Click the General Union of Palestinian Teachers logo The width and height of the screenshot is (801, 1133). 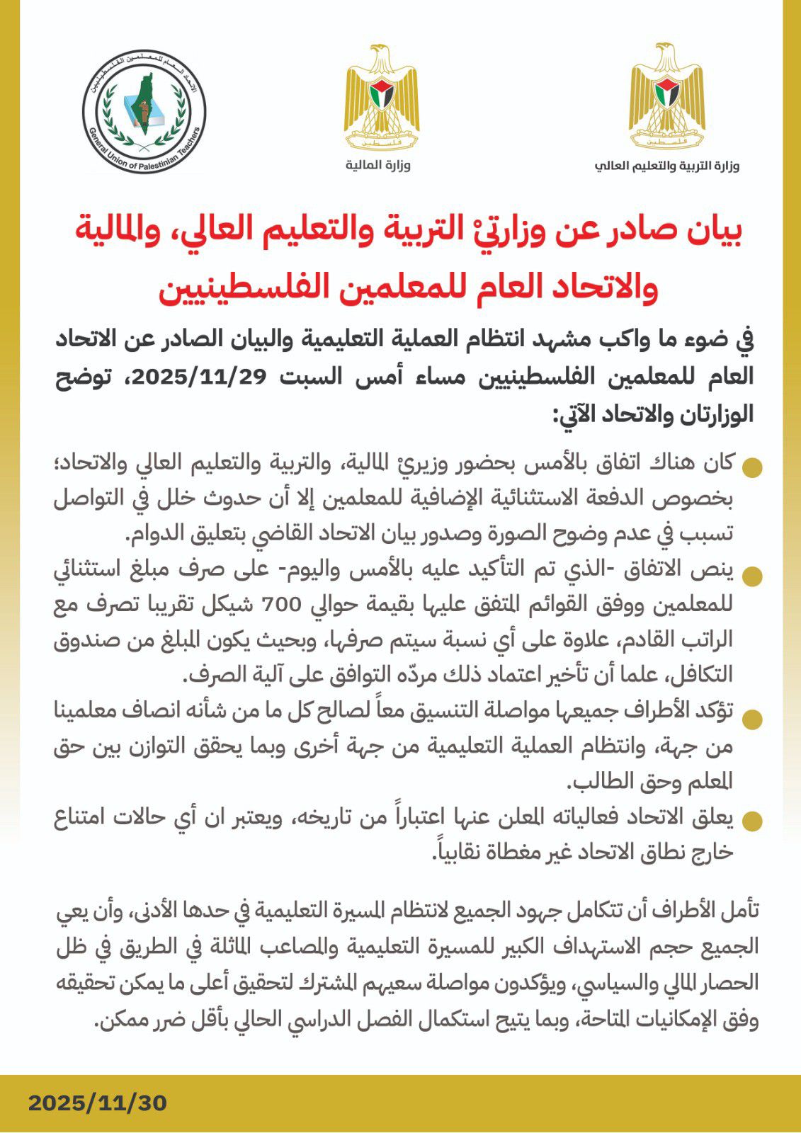(x=144, y=112)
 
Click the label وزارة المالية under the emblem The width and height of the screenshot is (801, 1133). (x=378, y=165)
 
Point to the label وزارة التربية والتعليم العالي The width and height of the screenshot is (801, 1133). (x=666, y=166)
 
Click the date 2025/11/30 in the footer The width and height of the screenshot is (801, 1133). (x=98, y=1103)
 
